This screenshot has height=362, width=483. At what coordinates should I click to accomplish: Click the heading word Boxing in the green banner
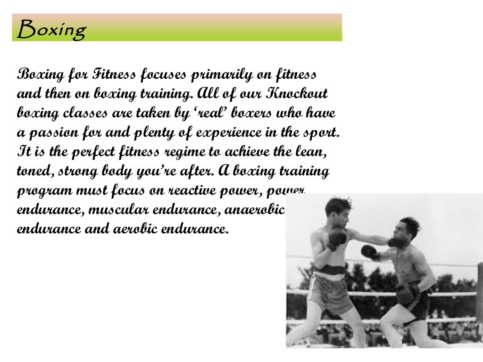coord(51,29)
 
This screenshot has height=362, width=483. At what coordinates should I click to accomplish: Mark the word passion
coord(52,132)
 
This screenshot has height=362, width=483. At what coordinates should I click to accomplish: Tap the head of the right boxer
coord(408,228)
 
